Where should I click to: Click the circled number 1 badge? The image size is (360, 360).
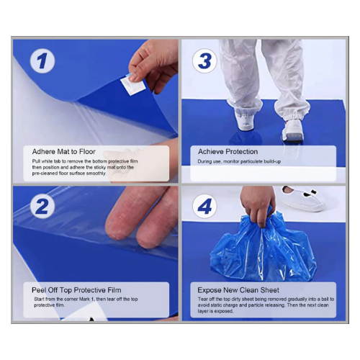pyautogui.click(x=42, y=60)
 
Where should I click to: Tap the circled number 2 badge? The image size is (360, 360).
pyautogui.click(x=42, y=206)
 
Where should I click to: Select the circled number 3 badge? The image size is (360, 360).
pyautogui.click(x=204, y=60)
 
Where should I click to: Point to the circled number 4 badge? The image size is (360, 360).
pyautogui.click(x=204, y=206)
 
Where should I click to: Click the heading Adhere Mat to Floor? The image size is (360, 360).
pyautogui.click(x=64, y=152)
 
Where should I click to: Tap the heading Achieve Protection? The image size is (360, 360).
pyautogui.click(x=228, y=152)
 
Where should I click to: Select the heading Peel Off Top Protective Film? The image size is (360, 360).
pyautogui.click(x=76, y=290)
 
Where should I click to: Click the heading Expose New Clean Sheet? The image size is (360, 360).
pyautogui.click(x=238, y=290)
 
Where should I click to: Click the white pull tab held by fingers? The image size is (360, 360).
pyautogui.click(x=132, y=85)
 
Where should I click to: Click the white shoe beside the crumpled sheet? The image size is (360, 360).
pyautogui.click(x=303, y=198)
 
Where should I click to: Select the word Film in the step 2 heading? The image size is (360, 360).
pyautogui.click(x=114, y=290)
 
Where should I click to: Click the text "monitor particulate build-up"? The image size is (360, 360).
pyautogui.click(x=252, y=161)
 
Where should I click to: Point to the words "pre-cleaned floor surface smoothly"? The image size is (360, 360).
pyautogui.click(x=69, y=174)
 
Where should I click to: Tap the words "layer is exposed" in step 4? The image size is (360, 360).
pyautogui.click(x=215, y=311)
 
